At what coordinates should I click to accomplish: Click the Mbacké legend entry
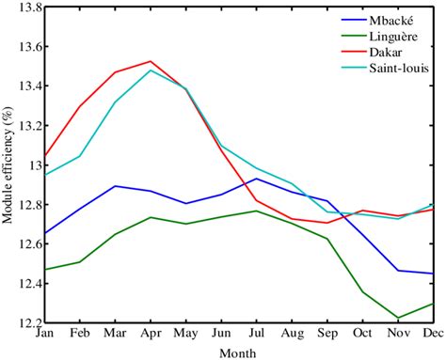385,18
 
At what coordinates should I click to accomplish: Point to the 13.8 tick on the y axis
25,8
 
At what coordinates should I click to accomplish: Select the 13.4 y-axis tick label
25,86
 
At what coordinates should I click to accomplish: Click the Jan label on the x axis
43,333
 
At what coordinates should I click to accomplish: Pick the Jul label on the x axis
257,333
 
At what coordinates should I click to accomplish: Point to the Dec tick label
434,333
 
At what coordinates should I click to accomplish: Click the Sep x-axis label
327,333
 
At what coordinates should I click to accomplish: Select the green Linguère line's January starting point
43,270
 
